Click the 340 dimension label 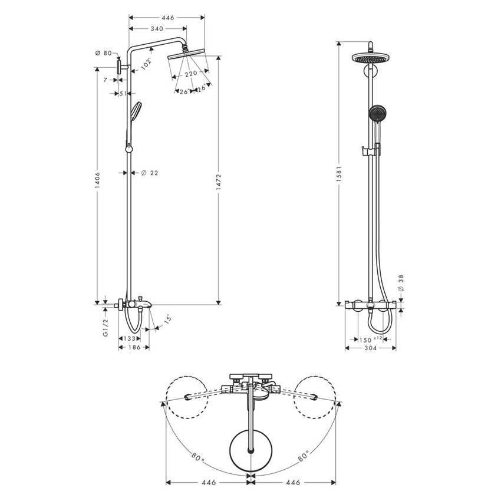(x=157, y=28)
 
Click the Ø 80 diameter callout (x=103, y=53)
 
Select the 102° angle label (x=146, y=61)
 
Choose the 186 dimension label (x=134, y=348)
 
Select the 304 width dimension (x=370, y=348)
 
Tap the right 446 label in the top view (x=293, y=482)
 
